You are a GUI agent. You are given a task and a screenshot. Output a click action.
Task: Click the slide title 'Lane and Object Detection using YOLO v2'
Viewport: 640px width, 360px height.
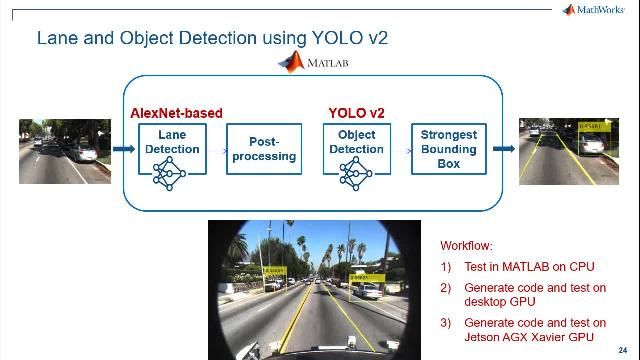tap(211, 39)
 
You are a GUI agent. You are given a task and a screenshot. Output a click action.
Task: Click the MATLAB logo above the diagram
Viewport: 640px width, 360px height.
tap(313, 63)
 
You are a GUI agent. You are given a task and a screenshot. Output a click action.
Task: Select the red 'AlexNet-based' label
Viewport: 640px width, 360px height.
tap(176, 113)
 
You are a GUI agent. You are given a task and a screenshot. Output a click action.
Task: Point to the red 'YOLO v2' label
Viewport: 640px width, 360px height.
tap(356, 113)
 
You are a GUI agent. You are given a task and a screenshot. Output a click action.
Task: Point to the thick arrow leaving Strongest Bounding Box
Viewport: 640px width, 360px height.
tap(501, 150)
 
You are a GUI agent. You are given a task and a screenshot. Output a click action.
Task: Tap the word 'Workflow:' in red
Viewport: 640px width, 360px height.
tap(467, 245)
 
